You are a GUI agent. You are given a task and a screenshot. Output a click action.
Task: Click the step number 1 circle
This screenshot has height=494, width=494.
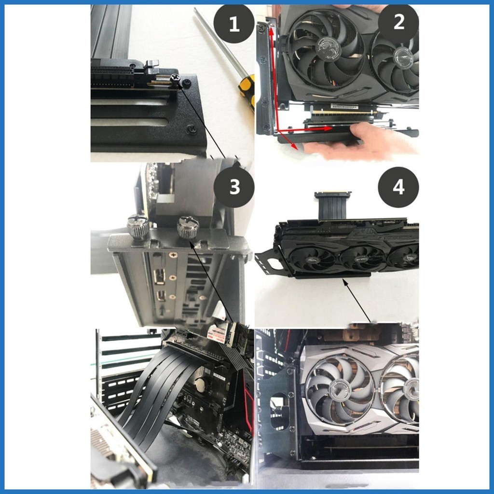tap(234, 23)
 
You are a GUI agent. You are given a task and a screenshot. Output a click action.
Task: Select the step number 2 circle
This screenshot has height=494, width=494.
tap(398, 23)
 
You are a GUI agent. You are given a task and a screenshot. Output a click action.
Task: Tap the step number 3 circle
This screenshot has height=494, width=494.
tap(234, 187)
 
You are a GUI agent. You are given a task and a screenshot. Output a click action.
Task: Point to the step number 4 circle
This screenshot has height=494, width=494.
tap(398, 187)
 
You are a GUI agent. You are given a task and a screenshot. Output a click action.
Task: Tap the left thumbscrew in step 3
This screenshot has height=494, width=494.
tap(138, 226)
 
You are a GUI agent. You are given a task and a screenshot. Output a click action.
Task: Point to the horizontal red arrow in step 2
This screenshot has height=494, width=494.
tap(304, 129)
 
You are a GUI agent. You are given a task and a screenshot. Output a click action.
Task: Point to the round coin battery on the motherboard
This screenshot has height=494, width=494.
tap(202, 384)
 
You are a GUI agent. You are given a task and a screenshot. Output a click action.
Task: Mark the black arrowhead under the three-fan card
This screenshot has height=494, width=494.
tap(345, 283)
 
